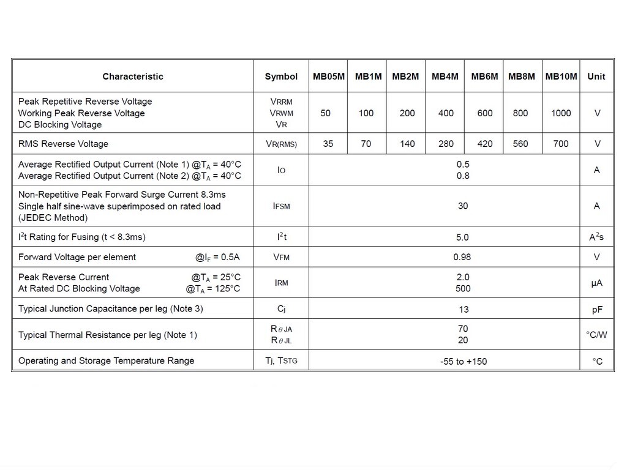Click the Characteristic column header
(x=133, y=76)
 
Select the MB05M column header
(x=329, y=76)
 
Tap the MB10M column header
(x=561, y=76)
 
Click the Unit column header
(x=596, y=76)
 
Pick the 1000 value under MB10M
(x=561, y=113)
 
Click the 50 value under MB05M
(x=326, y=113)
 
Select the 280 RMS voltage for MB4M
(x=446, y=144)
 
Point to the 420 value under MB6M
(x=485, y=144)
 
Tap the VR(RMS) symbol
(x=281, y=144)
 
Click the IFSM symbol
(x=281, y=206)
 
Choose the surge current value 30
(x=463, y=206)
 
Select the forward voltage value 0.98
(x=462, y=257)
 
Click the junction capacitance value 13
(x=464, y=310)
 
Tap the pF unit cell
(x=597, y=310)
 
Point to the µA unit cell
(x=597, y=283)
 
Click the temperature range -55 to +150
(x=464, y=362)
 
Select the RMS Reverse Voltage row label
(x=63, y=144)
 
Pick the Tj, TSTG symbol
(x=281, y=361)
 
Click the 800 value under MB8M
(x=520, y=113)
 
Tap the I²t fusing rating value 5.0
(x=463, y=237)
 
